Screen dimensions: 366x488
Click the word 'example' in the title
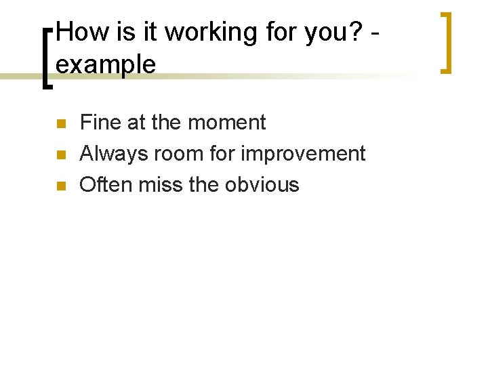(x=106, y=65)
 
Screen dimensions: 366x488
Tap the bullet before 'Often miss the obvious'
(x=60, y=186)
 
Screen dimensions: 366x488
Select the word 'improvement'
(x=302, y=155)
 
